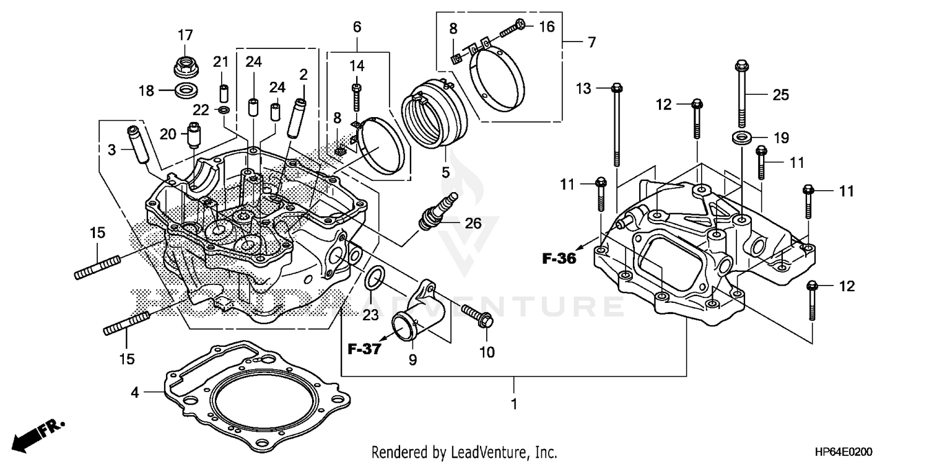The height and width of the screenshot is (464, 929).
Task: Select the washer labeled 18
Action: coord(185,90)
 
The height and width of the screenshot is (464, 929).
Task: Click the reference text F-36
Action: coord(559,259)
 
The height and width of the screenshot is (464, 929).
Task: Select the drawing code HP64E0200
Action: coord(886,452)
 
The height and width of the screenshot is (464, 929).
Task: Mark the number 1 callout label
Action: coord(513,403)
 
